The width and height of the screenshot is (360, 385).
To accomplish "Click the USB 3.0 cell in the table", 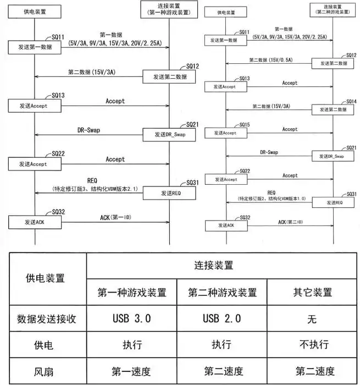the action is (x=132, y=318).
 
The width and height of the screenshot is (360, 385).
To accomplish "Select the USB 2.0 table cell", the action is (x=222, y=318).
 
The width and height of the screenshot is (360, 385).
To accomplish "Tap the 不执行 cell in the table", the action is (x=312, y=344).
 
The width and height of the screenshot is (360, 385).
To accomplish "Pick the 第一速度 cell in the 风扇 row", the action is (x=132, y=371).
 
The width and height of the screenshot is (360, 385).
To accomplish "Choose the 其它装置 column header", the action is (x=312, y=292).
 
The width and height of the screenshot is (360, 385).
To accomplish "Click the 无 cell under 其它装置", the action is (x=312, y=318).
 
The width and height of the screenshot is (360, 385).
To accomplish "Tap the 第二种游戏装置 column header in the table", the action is (x=222, y=292).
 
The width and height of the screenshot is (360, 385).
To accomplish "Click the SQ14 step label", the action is (x=351, y=101).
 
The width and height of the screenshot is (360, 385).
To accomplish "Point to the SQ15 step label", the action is (x=245, y=125).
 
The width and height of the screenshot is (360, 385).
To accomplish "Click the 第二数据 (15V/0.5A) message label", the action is (x=270, y=60).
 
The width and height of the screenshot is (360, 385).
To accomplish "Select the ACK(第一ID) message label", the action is (x=115, y=217).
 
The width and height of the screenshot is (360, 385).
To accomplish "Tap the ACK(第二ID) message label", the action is (x=290, y=222).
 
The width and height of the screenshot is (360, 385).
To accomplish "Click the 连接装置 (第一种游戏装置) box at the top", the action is (x=169, y=9).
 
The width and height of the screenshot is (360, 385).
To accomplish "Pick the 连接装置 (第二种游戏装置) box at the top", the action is (x=333, y=10).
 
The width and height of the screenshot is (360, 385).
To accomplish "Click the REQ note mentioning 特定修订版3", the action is (x=95, y=185).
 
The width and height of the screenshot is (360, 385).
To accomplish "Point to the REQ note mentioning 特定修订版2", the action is (x=272, y=196).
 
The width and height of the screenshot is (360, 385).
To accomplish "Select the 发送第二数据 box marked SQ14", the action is (x=333, y=110).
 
